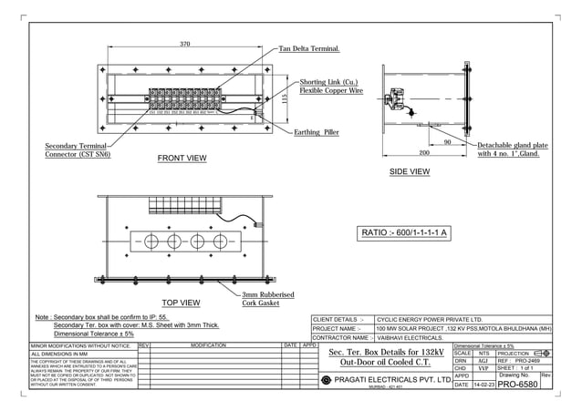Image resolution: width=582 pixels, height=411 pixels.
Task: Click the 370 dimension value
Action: coord(184,44)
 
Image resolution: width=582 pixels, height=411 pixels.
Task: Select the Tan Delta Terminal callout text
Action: coord(309,48)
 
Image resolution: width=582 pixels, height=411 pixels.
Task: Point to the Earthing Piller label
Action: coord(317,132)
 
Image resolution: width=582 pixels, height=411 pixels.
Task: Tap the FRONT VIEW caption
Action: coord(182,159)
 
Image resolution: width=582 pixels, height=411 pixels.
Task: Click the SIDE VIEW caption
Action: coord(410,171)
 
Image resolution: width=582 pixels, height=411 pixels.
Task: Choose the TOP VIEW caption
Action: coord(181,302)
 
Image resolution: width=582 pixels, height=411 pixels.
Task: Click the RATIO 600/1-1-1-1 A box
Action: coord(405,233)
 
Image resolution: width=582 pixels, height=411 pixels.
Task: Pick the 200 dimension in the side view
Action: coord(424,153)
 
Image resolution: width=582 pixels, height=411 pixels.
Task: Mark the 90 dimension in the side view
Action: coord(447,142)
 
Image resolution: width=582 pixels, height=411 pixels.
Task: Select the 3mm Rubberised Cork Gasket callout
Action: coord(267,299)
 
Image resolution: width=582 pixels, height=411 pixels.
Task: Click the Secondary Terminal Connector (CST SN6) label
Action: coord(78,150)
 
